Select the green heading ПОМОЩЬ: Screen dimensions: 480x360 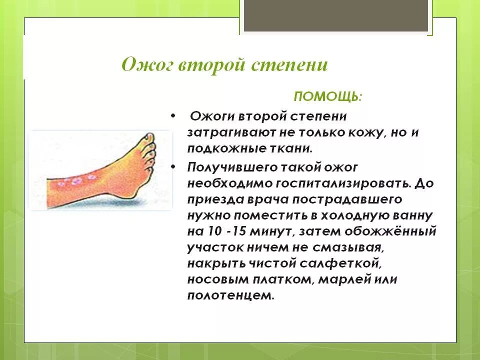pyautogui.click(x=328, y=96)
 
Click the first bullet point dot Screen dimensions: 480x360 pyautogui.click(x=173, y=116)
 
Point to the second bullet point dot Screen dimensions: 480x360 pyautogui.click(x=173, y=167)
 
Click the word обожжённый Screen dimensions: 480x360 pyautogui.click(x=389, y=231)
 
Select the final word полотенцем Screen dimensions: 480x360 pyautogui.click(x=230, y=295)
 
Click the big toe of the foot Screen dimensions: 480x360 pyautogui.click(x=149, y=138)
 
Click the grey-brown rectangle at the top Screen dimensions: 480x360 pyautogui.click(x=336, y=15)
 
